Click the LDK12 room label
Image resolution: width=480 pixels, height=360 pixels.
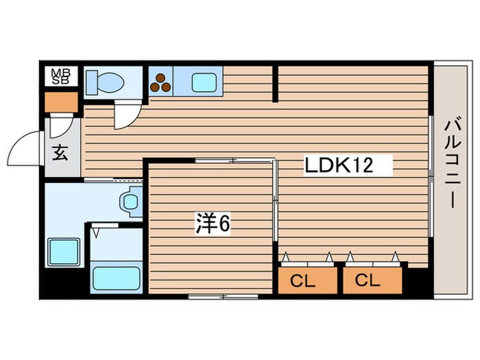[348, 165]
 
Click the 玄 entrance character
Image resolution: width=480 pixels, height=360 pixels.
[60, 154]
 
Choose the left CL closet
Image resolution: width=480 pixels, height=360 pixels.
[307, 280]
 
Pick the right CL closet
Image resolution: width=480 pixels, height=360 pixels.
[371, 280]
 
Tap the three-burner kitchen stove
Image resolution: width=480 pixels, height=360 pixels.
[160, 82]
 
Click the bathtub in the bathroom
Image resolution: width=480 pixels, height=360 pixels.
[116, 278]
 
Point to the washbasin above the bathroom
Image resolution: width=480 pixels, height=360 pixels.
[130, 202]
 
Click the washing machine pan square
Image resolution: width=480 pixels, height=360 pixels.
[63, 252]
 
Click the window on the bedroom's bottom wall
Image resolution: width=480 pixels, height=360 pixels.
[223, 297]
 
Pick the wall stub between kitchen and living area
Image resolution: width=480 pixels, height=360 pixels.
[276, 84]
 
